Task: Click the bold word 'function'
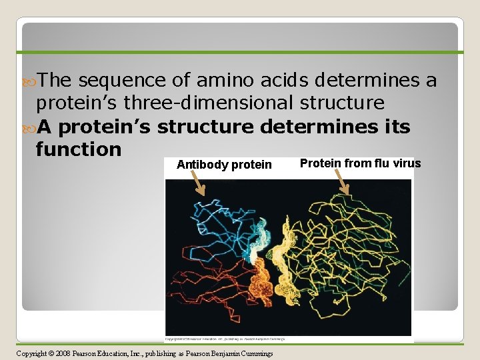[x=79, y=149]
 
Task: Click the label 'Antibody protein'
[x=224, y=165]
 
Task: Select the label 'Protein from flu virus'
[x=360, y=163]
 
